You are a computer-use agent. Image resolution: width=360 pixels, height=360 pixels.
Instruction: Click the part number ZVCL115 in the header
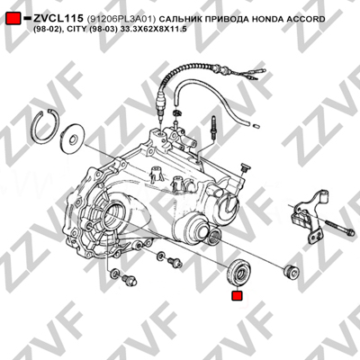coord(58,19)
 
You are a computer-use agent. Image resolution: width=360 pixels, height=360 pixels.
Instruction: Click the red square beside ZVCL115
coord(13,19)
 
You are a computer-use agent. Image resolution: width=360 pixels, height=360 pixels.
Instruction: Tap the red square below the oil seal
coord(237,295)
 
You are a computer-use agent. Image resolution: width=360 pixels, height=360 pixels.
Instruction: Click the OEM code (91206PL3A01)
coord(121,19)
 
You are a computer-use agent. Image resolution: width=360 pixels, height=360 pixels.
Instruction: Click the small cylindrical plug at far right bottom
coord(292,272)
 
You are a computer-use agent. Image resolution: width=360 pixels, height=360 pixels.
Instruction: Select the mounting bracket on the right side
coord(309,216)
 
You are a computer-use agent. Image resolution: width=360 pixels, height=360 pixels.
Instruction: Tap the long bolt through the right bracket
coord(339,228)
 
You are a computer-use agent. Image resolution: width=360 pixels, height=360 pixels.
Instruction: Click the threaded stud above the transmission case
coord(213,128)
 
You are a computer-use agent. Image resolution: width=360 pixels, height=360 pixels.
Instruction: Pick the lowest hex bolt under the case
coord(130,280)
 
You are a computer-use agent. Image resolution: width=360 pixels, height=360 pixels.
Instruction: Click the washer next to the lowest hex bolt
coord(115,273)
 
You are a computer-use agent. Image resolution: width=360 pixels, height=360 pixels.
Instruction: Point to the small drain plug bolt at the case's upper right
coord(244,167)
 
